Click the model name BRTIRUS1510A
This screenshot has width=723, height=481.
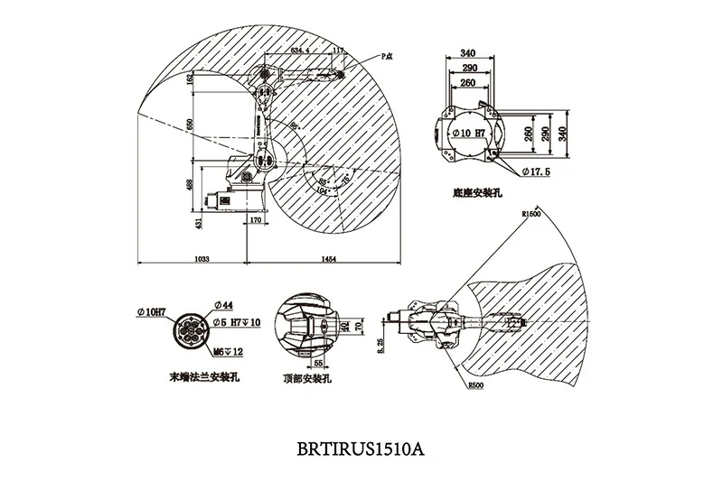point(360,448)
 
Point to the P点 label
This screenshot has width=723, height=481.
point(386,56)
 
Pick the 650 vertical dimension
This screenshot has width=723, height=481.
point(190,125)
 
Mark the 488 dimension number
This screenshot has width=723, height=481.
point(190,184)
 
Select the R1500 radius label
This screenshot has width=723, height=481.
point(532,214)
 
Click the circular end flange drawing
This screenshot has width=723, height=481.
point(191,331)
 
